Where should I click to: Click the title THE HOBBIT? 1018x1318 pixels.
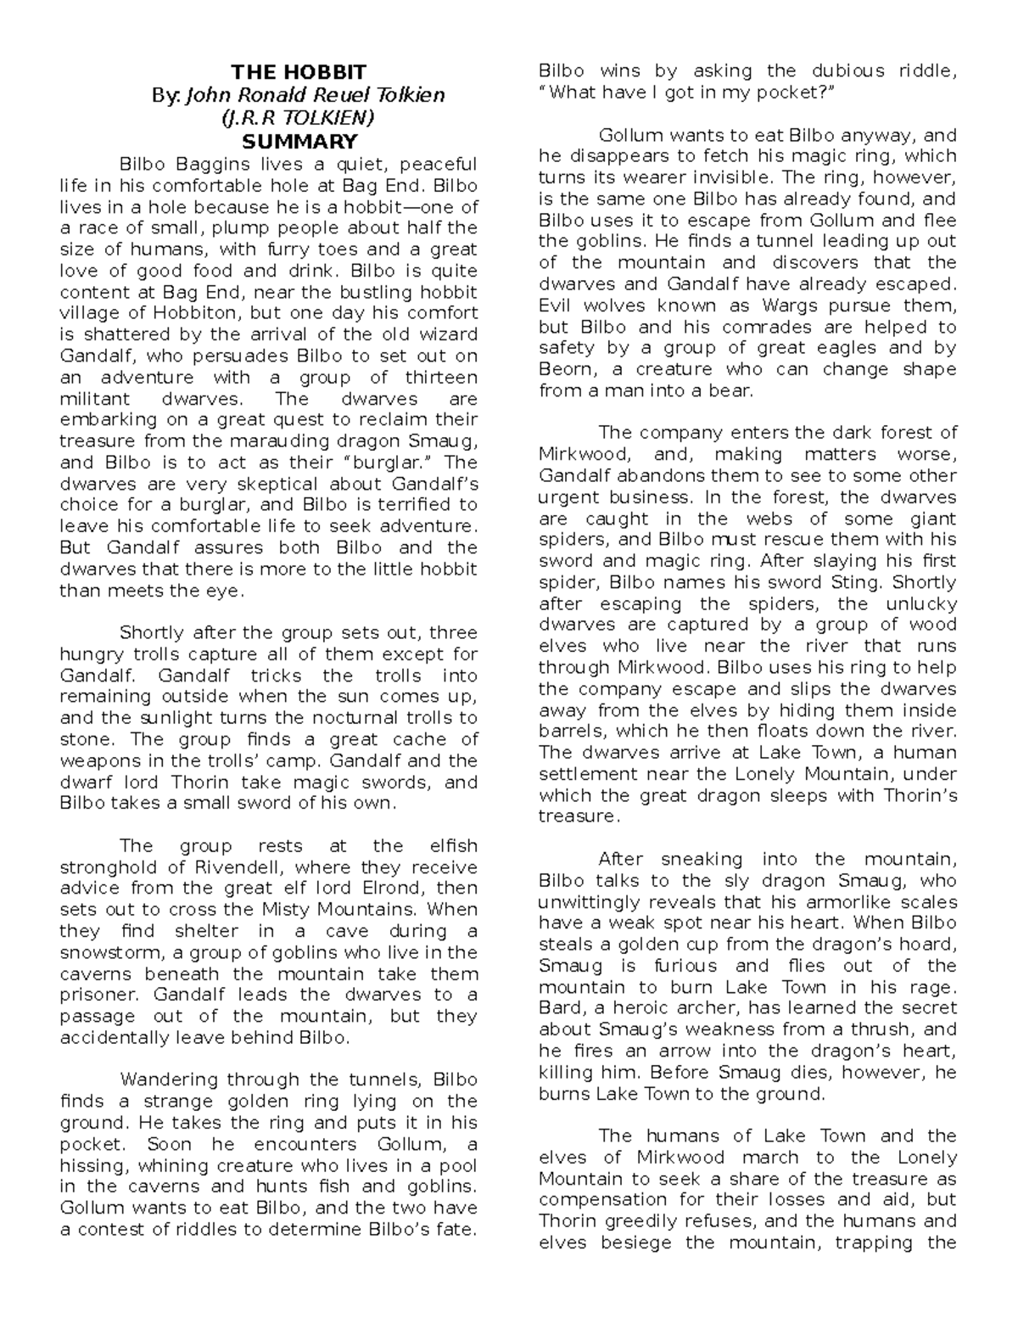tap(299, 72)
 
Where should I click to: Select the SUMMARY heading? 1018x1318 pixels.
tap(299, 141)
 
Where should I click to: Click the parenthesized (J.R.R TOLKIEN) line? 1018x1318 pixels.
tap(299, 118)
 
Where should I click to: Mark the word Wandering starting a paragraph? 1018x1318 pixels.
tap(169, 1080)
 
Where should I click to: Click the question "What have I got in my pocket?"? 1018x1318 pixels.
tap(687, 93)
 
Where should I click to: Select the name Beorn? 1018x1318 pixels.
tap(567, 369)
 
